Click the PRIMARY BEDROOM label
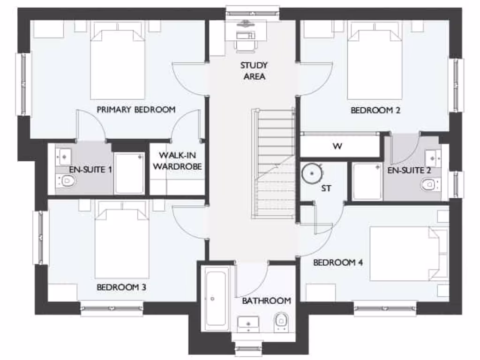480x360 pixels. pyautogui.click(x=136, y=110)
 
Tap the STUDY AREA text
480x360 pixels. pyautogui.click(x=255, y=71)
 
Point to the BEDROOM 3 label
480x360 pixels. pyautogui.click(x=121, y=287)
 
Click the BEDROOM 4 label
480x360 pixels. pyautogui.click(x=338, y=262)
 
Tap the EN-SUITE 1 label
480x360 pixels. pyautogui.click(x=90, y=169)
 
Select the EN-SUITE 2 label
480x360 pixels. pyautogui.click(x=409, y=170)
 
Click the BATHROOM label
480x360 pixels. pyautogui.click(x=266, y=300)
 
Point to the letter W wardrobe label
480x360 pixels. pyautogui.click(x=337, y=146)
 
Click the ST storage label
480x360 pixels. pyautogui.click(x=326, y=188)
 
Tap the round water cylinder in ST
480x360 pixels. pyautogui.click(x=311, y=173)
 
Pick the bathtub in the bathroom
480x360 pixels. pyautogui.click(x=217, y=298)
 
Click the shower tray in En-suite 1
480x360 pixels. pyautogui.click(x=129, y=173)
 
